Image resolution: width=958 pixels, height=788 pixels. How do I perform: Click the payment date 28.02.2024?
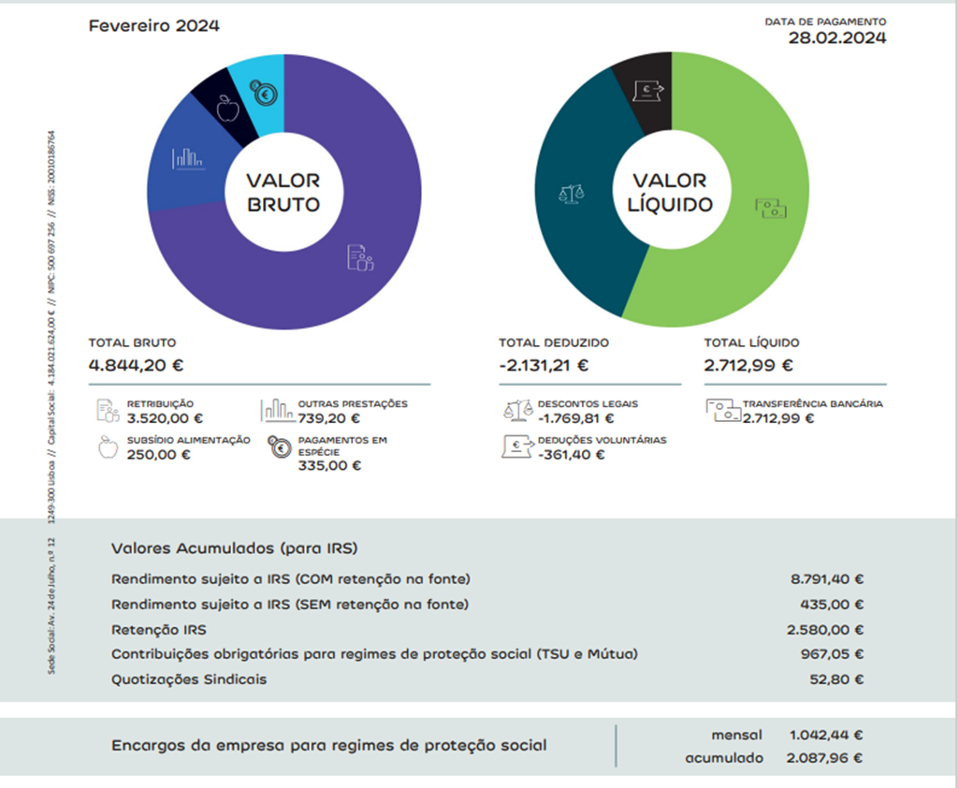tap(837, 38)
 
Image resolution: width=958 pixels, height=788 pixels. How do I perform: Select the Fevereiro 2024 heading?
tap(154, 26)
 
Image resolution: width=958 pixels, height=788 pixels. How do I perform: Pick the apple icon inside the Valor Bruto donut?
tap(227, 109)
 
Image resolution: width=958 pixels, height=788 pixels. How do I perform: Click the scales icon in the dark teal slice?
tap(571, 194)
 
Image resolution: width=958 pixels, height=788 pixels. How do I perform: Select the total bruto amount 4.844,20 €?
tap(137, 365)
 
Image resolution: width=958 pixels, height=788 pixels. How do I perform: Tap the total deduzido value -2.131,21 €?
tap(544, 365)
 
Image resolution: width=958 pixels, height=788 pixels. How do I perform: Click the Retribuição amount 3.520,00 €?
tap(165, 418)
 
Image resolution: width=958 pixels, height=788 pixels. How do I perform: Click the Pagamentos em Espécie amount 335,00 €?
tap(329, 466)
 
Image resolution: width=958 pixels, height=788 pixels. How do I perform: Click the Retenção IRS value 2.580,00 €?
tap(827, 630)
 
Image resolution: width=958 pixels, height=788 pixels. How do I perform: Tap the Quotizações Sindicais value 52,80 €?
tap(836, 679)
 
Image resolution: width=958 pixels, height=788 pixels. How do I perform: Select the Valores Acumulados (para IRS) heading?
tap(235, 548)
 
